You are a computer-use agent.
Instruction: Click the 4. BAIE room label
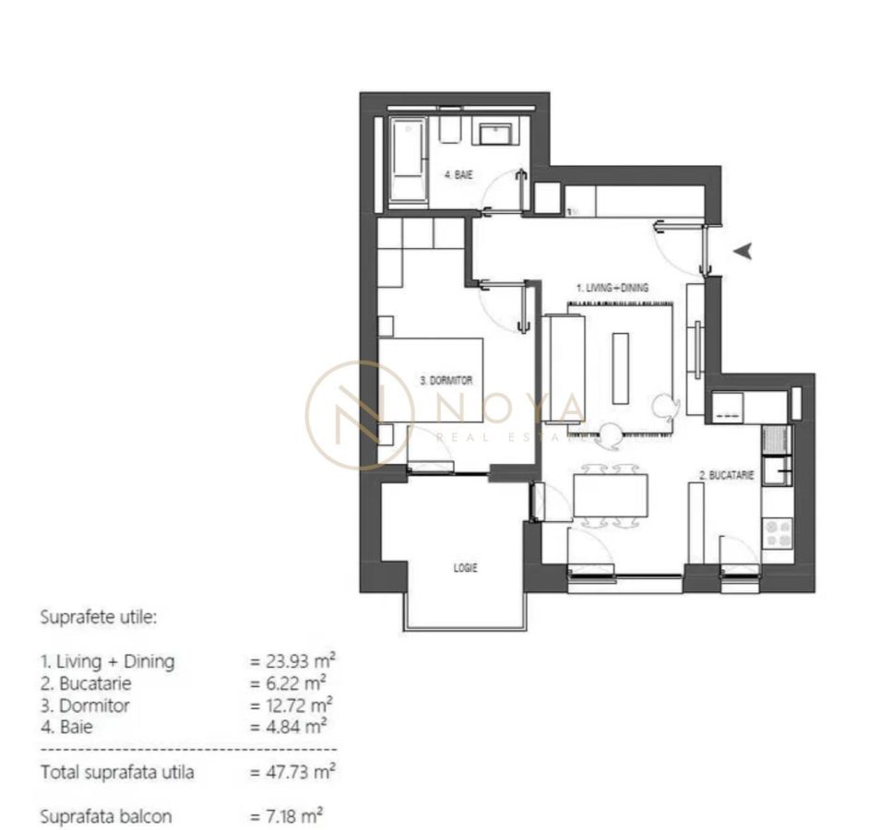(x=459, y=175)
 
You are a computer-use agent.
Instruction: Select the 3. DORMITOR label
(x=446, y=380)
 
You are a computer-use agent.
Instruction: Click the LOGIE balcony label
(x=465, y=568)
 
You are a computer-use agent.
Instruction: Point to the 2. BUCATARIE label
(x=727, y=476)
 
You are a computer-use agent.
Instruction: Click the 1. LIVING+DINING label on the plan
(x=613, y=288)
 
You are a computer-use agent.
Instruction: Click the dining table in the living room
(x=610, y=495)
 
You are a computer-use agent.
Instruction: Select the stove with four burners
(x=777, y=532)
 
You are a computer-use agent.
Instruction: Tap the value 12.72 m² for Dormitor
(x=291, y=705)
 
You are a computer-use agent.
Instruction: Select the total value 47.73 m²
(x=291, y=772)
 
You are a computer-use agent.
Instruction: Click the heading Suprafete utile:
(x=99, y=617)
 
